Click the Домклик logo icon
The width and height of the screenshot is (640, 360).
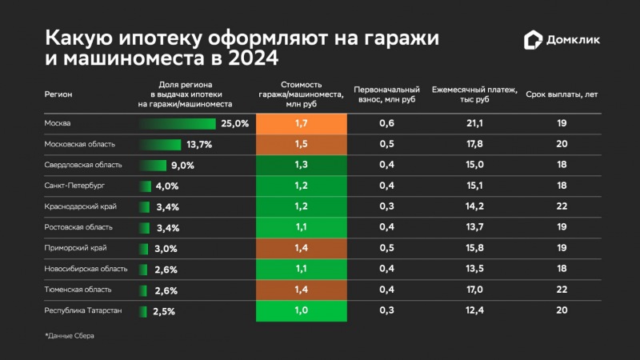click(x=534, y=40)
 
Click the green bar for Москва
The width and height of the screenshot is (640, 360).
click(x=178, y=124)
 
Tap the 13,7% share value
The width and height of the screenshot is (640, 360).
click(x=198, y=145)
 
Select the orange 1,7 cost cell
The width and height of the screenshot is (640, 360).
click(x=301, y=124)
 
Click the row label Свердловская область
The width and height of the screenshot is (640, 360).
click(x=83, y=165)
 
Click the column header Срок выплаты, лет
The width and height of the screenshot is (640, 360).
click(x=562, y=94)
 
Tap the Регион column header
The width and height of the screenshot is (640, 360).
click(x=58, y=94)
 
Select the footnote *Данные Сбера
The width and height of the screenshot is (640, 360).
click(x=70, y=335)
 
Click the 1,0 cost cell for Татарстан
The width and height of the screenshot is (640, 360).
click(x=301, y=310)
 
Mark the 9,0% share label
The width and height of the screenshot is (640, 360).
click(x=182, y=166)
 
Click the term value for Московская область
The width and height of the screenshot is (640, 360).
click(x=562, y=145)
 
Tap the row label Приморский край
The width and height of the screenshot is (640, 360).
click(x=74, y=248)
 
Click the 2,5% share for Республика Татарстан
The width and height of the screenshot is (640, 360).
click(x=163, y=311)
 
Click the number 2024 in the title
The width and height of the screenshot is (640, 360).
click(x=250, y=59)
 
